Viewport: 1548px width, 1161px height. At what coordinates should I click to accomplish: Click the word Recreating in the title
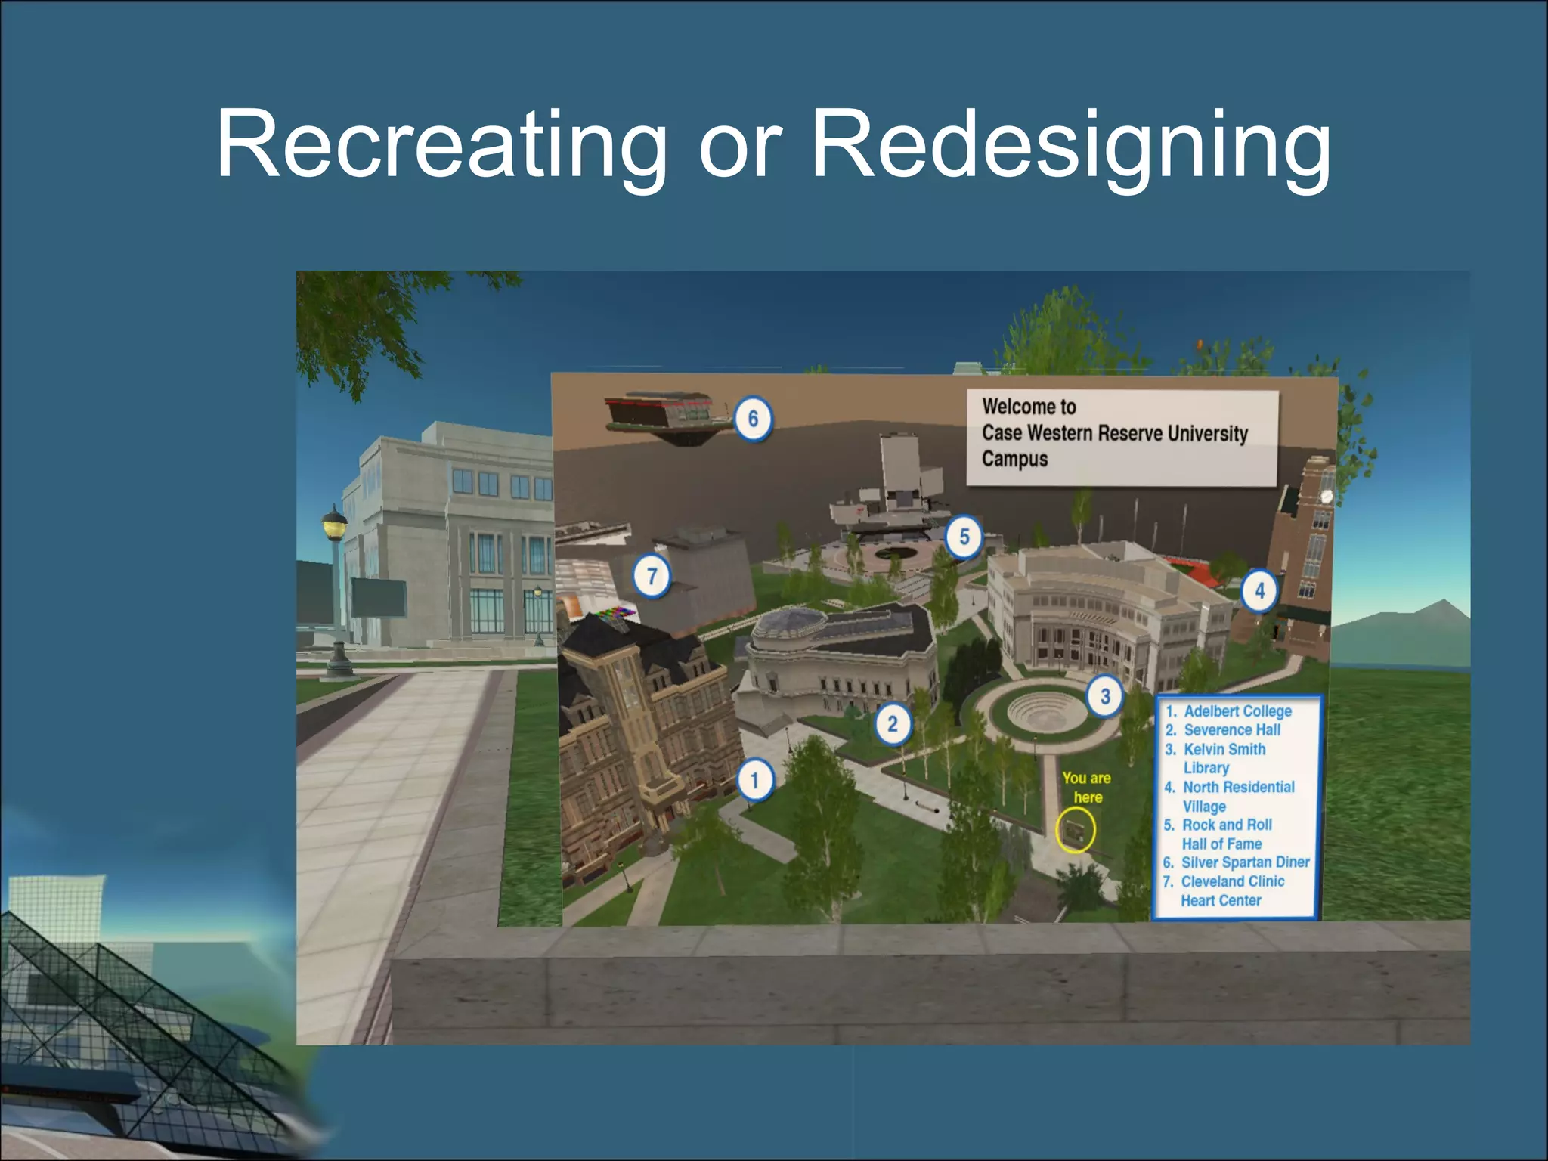pyautogui.click(x=442, y=145)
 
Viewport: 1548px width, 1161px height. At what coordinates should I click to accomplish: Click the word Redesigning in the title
pyautogui.click(x=1070, y=145)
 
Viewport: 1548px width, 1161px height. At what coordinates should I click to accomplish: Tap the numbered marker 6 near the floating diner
pyautogui.click(x=753, y=418)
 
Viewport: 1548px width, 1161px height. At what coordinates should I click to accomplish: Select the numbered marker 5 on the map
pyautogui.click(x=964, y=537)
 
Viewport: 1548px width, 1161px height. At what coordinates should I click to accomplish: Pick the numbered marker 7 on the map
pyautogui.click(x=652, y=577)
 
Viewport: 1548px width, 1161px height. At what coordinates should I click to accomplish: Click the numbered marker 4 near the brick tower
pyautogui.click(x=1259, y=590)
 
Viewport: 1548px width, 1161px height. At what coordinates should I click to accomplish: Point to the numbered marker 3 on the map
pyautogui.click(x=1104, y=696)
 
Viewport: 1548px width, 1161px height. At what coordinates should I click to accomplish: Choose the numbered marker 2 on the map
pyautogui.click(x=893, y=724)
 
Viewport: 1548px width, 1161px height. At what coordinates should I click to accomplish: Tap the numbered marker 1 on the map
pyautogui.click(x=754, y=780)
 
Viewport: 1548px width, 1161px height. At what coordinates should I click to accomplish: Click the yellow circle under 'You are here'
pyautogui.click(x=1075, y=829)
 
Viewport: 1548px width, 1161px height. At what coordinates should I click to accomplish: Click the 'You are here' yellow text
pyautogui.click(x=1086, y=788)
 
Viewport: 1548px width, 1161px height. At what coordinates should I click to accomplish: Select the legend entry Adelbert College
pyautogui.click(x=1237, y=711)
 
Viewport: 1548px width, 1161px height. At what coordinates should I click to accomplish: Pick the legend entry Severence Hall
pyautogui.click(x=1231, y=730)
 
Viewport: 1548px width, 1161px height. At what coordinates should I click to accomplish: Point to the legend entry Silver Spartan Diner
pyautogui.click(x=1244, y=862)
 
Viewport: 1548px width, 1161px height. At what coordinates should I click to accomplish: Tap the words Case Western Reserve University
pyautogui.click(x=1114, y=433)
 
